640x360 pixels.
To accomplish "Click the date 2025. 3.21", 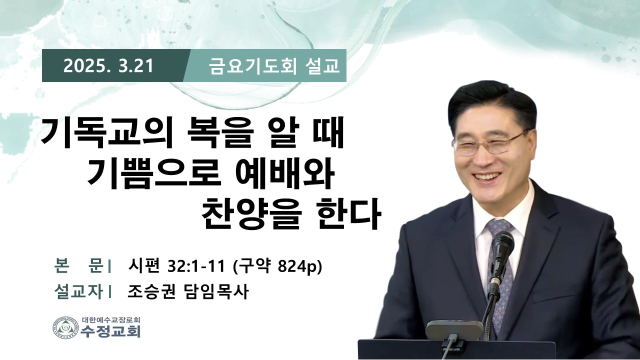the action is point(108,66).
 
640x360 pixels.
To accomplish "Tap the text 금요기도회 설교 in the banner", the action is point(274,66).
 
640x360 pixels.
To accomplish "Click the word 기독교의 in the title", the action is point(107,134).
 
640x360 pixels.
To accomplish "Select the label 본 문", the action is point(78,266).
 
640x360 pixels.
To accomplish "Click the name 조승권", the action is point(151,291).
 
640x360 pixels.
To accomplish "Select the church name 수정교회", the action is point(110,331).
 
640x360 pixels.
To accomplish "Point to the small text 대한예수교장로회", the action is point(111,319).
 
